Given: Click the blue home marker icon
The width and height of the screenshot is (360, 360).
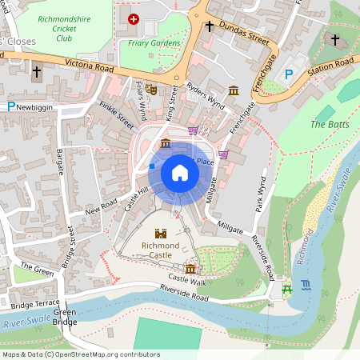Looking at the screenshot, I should (x=179, y=172).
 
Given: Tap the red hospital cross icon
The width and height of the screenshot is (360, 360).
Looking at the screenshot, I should (x=134, y=18).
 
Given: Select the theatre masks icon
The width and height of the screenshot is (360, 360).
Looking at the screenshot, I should (x=150, y=88).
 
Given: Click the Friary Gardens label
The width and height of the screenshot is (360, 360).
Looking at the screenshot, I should (x=154, y=43).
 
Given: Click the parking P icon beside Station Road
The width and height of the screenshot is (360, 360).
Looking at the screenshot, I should (x=290, y=73).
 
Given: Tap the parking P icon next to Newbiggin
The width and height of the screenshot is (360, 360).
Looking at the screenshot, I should (x=10, y=106).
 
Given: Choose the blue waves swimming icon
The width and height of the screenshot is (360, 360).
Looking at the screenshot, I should (x=306, y=285).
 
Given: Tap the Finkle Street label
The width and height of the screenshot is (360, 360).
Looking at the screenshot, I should (x=116, y=115).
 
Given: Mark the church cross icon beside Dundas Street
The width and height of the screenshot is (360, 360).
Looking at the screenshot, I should (x=210, y=26).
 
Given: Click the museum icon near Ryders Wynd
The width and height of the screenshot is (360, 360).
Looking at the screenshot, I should (x=234, y=90).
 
